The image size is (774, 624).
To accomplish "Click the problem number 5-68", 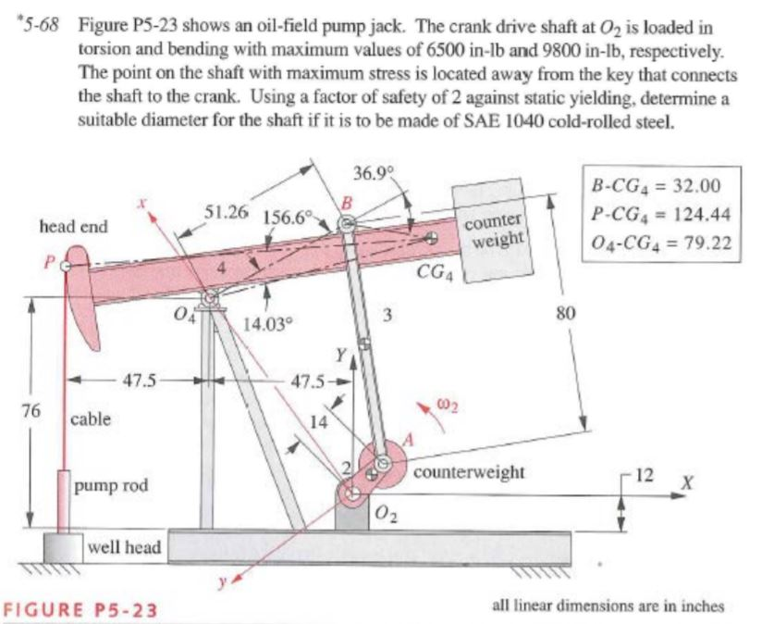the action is (x=40, y=25).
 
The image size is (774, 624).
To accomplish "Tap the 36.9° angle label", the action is (x=375, y=173).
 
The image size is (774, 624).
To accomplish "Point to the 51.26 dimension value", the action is (x=227, y=211).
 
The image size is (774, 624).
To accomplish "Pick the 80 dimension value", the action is (x=566, y=313).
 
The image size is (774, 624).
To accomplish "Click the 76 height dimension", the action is (x=31, y=410).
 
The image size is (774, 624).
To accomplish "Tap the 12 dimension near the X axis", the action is (x=644, y=475).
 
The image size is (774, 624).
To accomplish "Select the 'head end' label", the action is (x=73, y=226).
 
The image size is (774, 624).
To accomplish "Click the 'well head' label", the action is (x=125, y=547).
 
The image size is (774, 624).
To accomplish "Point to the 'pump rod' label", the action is (x=111, y=486).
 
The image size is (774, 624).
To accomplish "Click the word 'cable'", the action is (x=91, y=419).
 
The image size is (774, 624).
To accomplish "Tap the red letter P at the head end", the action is (x=48, y=262).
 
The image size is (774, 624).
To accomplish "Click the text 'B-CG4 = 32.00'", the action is (x=656, y=186).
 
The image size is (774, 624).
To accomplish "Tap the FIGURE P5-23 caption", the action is (x=80, y=610).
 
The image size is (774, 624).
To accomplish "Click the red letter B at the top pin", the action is (x=348, y=203).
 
